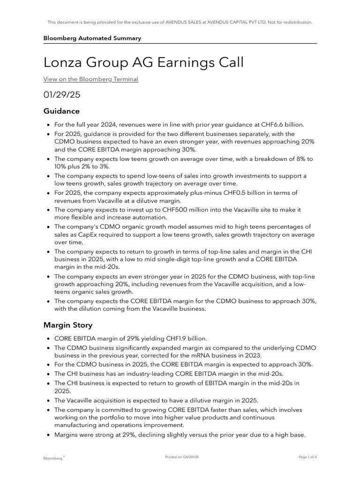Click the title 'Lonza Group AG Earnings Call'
tap(143, 62)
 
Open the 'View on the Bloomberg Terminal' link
tap(91, 79)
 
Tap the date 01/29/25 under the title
tap(62, 95)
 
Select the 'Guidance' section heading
tap(61, 111)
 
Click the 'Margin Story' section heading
tap(68, 324)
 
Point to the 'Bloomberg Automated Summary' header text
tap(92, 38)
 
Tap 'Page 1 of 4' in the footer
tap(307, 457)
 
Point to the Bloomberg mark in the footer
tap(53, 457)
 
